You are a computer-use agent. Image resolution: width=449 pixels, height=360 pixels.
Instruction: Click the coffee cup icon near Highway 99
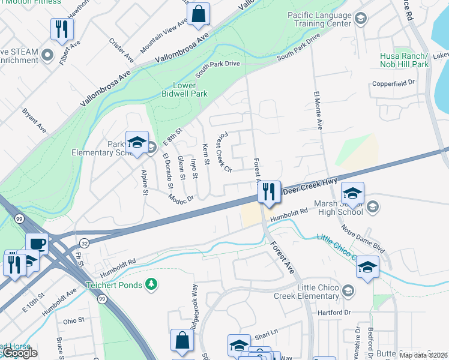(x=37, y=244)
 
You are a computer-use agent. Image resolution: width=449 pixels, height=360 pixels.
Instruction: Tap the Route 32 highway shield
(x=85, y=242)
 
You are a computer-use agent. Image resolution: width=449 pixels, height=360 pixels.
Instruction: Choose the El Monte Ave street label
(x=318, y=110)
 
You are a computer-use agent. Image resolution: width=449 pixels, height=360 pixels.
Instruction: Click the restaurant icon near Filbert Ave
(x=62, y=29)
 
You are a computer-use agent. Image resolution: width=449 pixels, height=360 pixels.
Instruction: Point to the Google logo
(x=19, y=353)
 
